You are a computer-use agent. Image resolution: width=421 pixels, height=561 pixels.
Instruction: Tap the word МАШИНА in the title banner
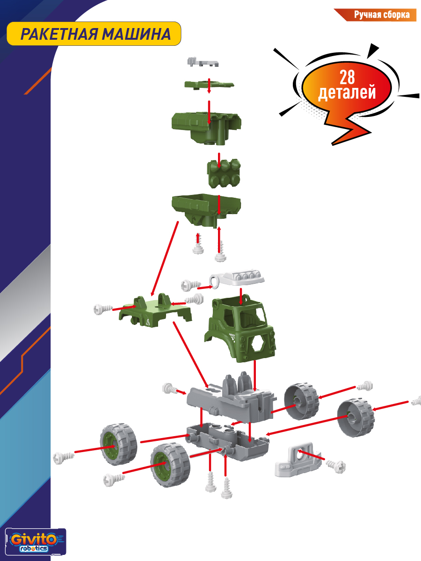pos(137,34)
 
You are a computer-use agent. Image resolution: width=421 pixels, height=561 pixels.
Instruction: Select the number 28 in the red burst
pos(347,77)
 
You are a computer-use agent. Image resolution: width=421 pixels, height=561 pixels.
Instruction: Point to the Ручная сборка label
pos(382,15)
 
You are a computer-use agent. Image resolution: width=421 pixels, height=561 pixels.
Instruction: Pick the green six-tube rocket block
pos(224,173)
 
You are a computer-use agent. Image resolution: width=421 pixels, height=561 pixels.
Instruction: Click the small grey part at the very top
pos(203,62)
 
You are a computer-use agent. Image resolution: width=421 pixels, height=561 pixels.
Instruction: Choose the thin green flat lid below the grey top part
pos(209,85)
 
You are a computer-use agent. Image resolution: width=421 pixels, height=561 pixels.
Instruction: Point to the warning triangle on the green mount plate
pos(148,323)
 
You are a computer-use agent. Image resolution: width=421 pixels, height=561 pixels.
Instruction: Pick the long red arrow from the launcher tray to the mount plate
pos(165,259)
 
